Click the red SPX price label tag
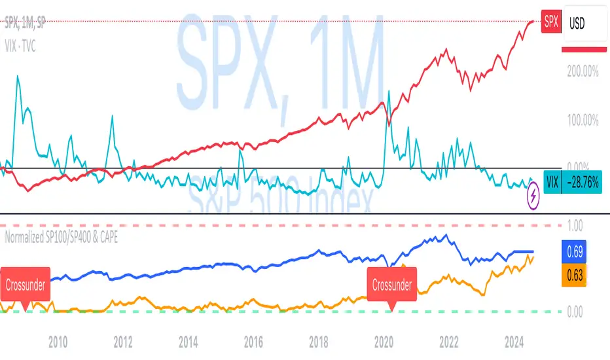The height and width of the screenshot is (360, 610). [x=552, y=22]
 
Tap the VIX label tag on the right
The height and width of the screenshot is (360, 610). [x=552, y=183]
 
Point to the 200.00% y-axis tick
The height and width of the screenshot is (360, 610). [x=581, y=72]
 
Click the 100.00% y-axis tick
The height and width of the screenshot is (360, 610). [x=581, y=120]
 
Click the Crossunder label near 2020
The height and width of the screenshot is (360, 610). [x=392, y=285]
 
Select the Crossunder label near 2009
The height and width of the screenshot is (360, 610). [x=26, y=285]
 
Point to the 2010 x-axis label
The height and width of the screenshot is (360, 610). [x=58, y=341]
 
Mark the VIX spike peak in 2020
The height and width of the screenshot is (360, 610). [x=389, y=92]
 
